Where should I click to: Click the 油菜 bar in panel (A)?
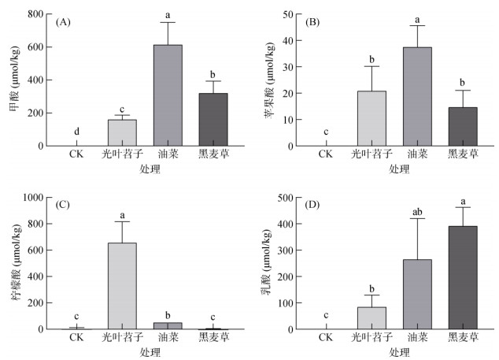click(x=168, y=95)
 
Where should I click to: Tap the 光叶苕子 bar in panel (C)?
click(x=122, y=286)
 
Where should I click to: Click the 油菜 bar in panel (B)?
click(x=417, y=96)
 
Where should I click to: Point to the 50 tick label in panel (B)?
click(x=290, y=14)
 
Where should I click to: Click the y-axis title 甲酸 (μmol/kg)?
click(x=11, y=79)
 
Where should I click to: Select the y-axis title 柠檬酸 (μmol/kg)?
click(x=11, y=262)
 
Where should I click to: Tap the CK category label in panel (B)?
click(x=326, y=154)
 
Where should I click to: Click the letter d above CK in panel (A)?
click(x=76, y=133)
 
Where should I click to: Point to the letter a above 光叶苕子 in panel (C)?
click(x=122, y=214)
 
